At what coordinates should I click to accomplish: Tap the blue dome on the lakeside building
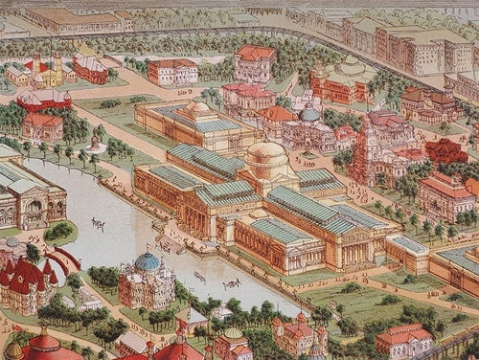(148, 261)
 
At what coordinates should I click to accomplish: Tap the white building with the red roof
(173, 71)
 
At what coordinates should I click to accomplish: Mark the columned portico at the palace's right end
(356, 244)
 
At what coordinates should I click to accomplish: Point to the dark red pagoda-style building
(446, 150)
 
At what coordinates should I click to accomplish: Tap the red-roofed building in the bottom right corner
(404, 340)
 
